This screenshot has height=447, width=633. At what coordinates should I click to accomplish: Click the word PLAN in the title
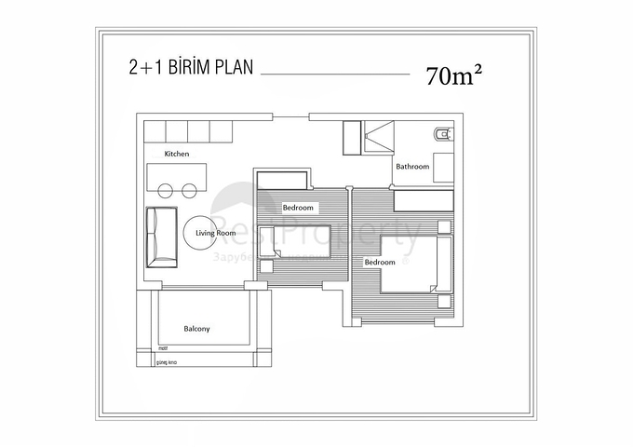(x=231, y=68)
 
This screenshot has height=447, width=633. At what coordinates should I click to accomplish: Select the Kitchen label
(x=177, y=154)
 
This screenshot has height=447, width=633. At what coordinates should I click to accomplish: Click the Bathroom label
(x=412, y=167)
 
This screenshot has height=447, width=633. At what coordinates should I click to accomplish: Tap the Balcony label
(x=196, y=329)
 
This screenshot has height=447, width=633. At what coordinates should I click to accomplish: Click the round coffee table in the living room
(x=201, y=234)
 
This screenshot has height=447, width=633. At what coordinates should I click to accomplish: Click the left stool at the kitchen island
(x=166, y=191)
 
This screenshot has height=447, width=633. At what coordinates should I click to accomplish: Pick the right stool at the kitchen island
(x=189, y=191)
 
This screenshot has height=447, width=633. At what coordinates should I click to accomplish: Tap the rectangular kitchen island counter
(x=176, y=175)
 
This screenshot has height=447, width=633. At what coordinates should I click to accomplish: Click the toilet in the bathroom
(x=443, y=136)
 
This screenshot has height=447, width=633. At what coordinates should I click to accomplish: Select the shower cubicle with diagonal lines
(x=378, y=136)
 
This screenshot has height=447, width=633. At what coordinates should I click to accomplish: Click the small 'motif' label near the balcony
(x=136, y=351)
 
